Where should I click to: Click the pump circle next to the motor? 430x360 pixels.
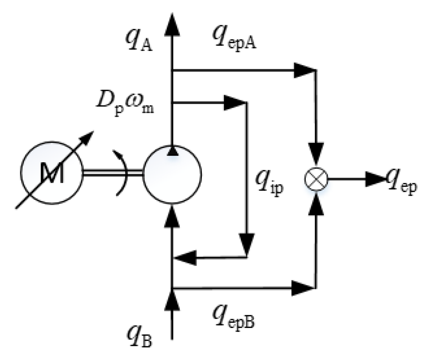tap(172, 174)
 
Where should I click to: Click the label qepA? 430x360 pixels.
tap(234, 38)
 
